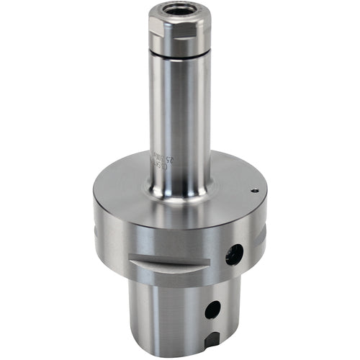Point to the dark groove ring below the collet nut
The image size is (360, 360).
181,55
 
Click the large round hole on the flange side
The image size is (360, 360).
234,253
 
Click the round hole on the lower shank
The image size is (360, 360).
212,310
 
